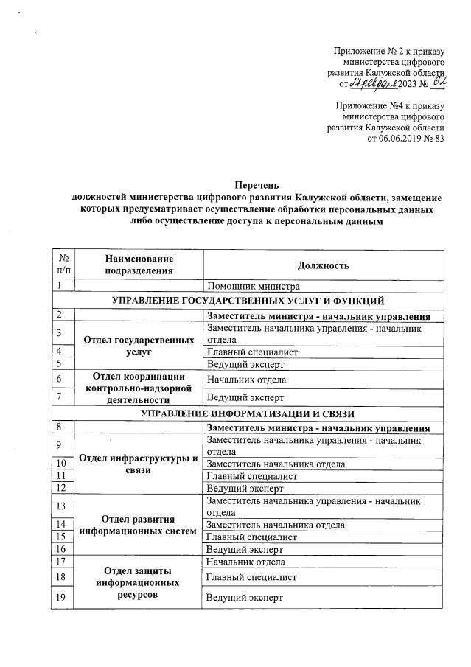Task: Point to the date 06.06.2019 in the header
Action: (404, 138)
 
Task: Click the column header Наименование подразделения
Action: (139, 265)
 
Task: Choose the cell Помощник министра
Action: (251, 287)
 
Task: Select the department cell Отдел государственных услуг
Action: (139, 346)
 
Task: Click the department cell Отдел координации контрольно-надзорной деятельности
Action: (139, 388)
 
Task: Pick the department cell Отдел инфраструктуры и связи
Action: (139, 464)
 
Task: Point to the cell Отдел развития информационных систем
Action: (139, 525)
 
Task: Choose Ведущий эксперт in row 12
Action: (245, 488)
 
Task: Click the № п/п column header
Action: (64, 265)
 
